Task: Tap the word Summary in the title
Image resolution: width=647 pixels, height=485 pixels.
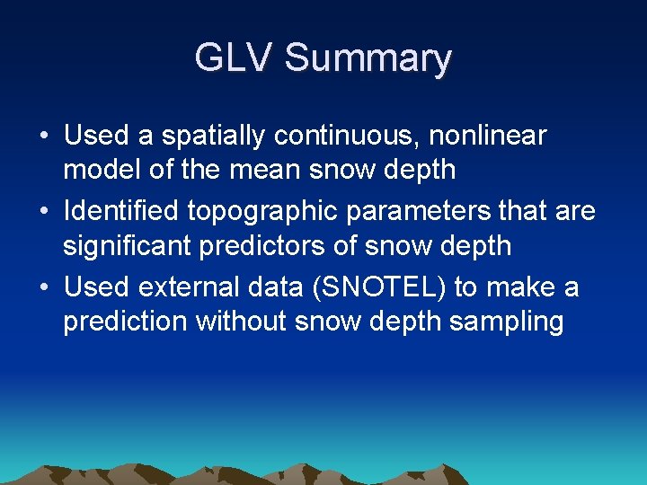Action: [x=368, y=59]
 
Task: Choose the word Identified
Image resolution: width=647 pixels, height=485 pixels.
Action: [x=122, y=211]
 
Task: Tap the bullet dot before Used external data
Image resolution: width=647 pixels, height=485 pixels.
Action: [x=44, y=288]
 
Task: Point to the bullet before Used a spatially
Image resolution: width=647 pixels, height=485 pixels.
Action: [x=44, y=137]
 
